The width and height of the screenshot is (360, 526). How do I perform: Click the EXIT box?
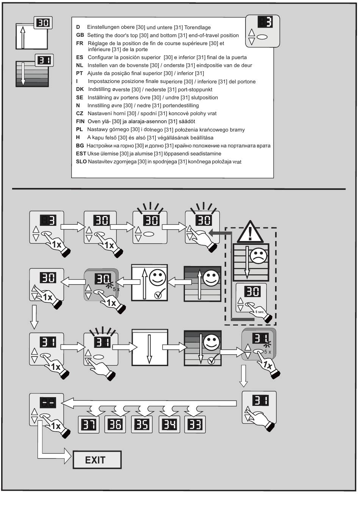click(97, 460)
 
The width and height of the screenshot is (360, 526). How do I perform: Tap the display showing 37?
click(89, 424)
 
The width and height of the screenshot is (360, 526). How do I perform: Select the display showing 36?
click(115, 424)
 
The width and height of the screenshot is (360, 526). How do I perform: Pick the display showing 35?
click(142, 424)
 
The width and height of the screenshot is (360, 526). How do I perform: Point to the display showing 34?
click(169, 424)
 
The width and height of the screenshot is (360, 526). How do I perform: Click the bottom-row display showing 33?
click(195, 424)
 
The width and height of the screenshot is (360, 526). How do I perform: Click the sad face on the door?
click(258, 256)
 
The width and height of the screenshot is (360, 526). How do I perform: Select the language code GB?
click(80, 35)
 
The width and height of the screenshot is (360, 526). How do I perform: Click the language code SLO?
click(81, 161)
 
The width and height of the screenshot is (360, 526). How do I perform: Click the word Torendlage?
click(197, 27)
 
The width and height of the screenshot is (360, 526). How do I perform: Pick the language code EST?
click(81, 153)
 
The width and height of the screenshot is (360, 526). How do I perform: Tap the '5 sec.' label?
click(260, 312)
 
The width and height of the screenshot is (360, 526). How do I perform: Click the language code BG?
click(80, 146)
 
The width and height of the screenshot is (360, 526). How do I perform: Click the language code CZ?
click(80, 113)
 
